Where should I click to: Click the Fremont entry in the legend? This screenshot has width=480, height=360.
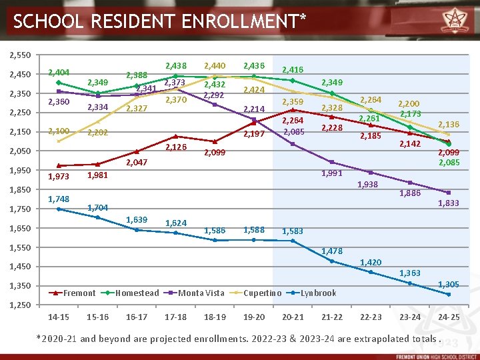(79, 293)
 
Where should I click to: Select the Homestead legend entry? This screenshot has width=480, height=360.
(137, 293)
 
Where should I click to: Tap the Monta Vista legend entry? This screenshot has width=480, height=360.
(201, 293)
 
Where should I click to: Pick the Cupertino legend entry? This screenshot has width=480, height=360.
(262, 293)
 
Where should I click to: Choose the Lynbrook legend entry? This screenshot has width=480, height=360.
(318, 293)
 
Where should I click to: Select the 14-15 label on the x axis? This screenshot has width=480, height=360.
(59, 317)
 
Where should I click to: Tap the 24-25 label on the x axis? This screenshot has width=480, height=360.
(448, 317)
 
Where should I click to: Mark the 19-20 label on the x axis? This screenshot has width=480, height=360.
(253, 317)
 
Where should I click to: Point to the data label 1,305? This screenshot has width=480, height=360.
(447, 285)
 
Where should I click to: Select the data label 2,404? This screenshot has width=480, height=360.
(59, 72)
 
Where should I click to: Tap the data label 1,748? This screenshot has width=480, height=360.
(59, 199)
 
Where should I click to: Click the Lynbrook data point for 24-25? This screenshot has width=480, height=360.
(449, 294)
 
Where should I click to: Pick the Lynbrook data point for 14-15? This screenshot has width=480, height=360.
(59, 209)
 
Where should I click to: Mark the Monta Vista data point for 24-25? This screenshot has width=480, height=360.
(449, 193)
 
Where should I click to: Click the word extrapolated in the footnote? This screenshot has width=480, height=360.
(366, 338)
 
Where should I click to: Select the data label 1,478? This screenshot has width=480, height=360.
(331, 251)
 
